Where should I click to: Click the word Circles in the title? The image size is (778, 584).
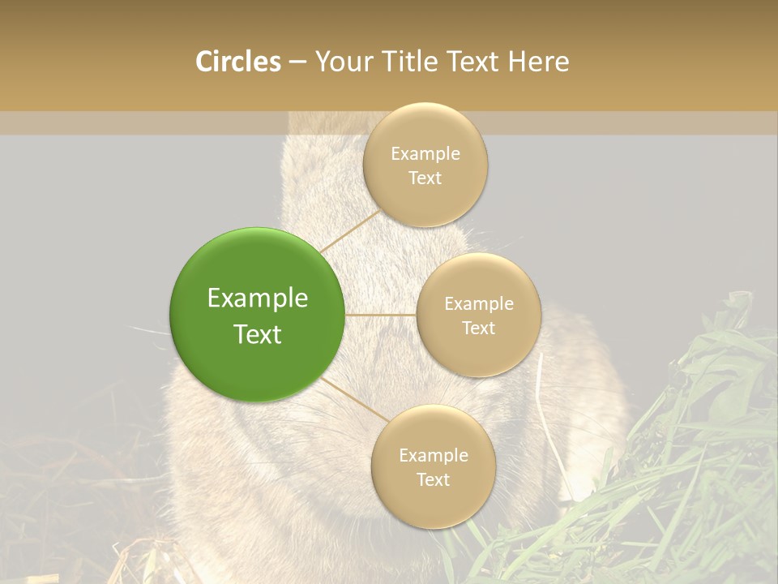point(237,62)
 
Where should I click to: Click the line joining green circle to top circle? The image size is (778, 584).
point(350,231)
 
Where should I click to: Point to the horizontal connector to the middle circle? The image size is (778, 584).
point(381,315)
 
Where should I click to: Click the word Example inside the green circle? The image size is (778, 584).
point(258,298)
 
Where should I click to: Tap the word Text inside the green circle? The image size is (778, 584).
point(258,334)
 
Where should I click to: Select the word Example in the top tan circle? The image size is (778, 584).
point(425,153)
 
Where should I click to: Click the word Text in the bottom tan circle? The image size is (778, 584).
point(434,479)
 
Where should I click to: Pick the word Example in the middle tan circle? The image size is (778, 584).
point(479,304)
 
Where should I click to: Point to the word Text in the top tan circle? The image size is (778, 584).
point(425,178)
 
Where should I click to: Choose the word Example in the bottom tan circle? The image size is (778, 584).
point(434,455)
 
